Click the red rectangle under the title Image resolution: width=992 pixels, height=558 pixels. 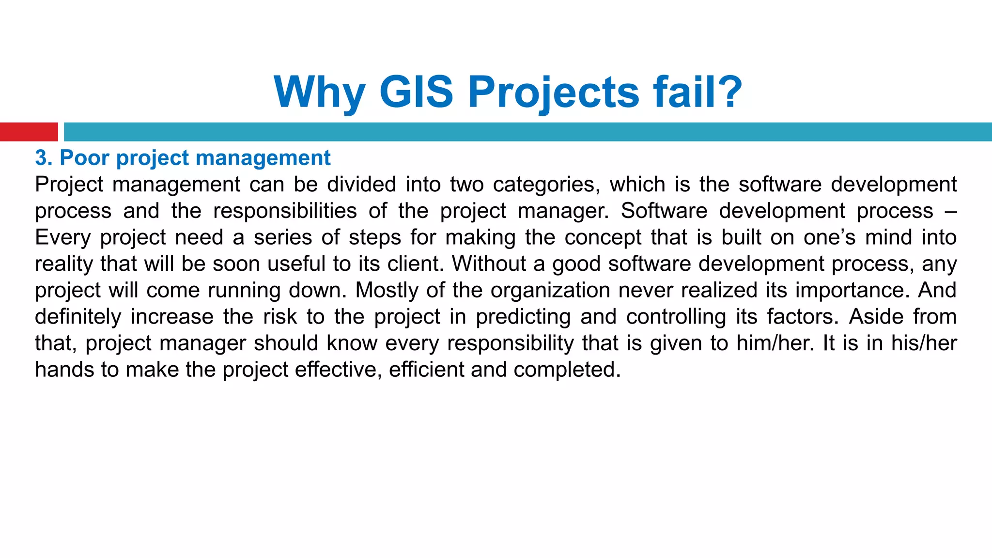pyautogui.click(x=29, y=132)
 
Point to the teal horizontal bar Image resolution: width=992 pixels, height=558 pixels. pyautogui.click(x=527, y=132)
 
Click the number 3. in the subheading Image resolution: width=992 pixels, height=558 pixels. pyautogui.click(x=44, y=158)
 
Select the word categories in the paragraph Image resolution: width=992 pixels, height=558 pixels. pyautogui.click(x=546, y=185)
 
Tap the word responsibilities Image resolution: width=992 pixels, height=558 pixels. pyautogui.click(x=285, y=211)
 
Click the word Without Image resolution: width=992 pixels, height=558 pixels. pyautogui.click(x=489, y=264)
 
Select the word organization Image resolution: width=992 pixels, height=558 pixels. pyautogui.click(x=550, y=291)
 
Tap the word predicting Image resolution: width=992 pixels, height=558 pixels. pyautogui.click(x=523, y=317)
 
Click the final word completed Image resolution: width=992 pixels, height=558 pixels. pyautogui.click(x=567, y=370)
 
